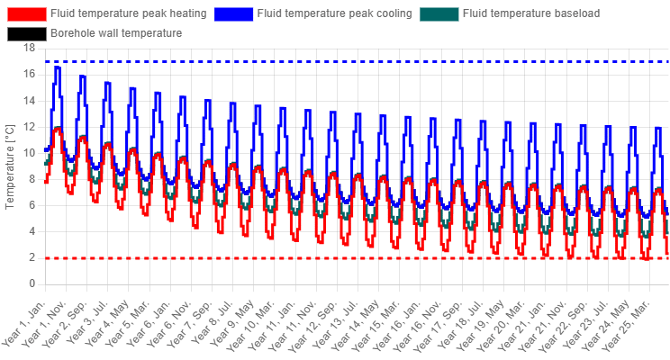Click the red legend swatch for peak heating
click(x=26, y=13)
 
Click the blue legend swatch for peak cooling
click(x=233, y=13)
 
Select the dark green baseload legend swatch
click(x=439, y=13)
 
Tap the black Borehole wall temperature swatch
click(x=26, y=33)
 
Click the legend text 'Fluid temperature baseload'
click(x=531, y=13)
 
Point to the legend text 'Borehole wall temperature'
click(x=116, y=33)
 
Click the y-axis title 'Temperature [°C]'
click(x=9, y=167)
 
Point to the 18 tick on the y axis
click(x=30, y=48)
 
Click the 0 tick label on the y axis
click(x=32, y=284)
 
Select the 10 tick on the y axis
click(x=30, y=153)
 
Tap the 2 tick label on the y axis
click(x=32, y=257)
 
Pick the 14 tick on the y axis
click(x=30, y=101)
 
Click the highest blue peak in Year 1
click(x=58, y=67)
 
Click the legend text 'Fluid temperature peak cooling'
click(x=335, y=13)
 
